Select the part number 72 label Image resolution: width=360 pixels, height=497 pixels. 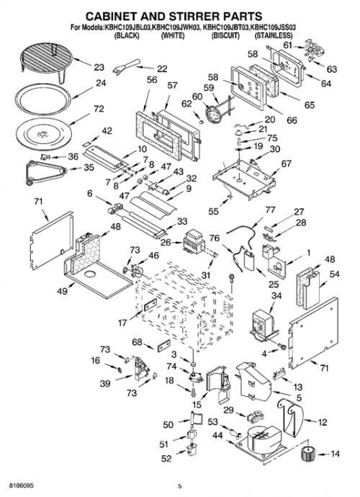99,109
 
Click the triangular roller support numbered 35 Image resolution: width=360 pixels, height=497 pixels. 45,172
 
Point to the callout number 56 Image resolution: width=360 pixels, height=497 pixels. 152,79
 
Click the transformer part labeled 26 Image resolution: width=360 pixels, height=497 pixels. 194,241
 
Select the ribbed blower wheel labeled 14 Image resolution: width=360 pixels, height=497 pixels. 307,455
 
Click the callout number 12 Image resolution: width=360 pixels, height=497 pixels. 323,422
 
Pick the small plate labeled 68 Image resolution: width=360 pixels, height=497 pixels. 163,345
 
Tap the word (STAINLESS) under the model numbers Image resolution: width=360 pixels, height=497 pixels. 274,35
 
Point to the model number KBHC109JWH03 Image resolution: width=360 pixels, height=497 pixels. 176,27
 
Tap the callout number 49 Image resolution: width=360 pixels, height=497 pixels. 62,291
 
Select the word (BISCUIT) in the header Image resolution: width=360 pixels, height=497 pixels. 225,35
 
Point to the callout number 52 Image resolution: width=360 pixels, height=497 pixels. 166,459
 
